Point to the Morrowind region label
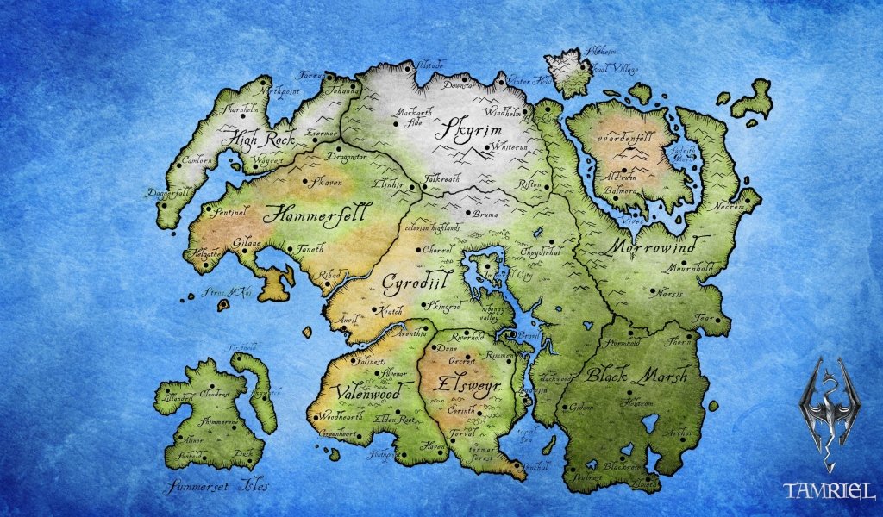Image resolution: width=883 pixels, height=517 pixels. [660, 246]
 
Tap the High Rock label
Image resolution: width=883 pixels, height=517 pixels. [258, 138]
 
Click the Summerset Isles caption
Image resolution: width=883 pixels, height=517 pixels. [219, 485]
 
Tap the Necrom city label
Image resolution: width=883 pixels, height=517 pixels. [730, 208]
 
